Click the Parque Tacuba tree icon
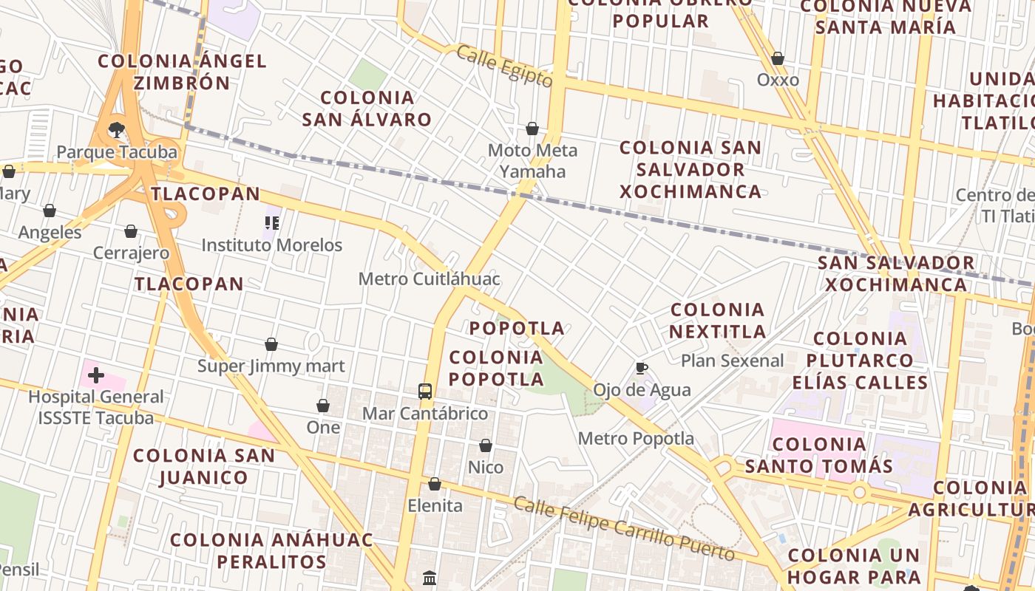click(x=116, y=130)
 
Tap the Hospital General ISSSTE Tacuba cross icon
click(x=95, y=375)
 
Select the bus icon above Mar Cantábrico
click(x=425, y=392)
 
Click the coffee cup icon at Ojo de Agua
click(x=642, y=368)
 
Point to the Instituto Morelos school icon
click(x=272, y=222)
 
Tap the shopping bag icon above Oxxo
click(x=778, y=58)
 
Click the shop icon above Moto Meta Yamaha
click(x=532, y=129)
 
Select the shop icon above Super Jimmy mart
click(x=271, y=344)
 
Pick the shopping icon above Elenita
click(x=435, y=484)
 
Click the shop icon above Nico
click(x=486, y=445)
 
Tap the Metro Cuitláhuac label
click(x=429, y=279)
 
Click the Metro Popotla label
click(x=636, y=439)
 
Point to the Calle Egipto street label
click(x=504, y=66)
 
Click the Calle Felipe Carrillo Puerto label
click(x=624, y=529)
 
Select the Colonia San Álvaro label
click(x=367, y=109)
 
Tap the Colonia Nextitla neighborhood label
click(x=717, y=320)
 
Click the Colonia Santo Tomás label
click(x=818, y=455)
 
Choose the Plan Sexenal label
click(x=732, y=361)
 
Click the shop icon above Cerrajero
click(x=131, y=231)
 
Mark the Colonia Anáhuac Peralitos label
click(x=272, y=550)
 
